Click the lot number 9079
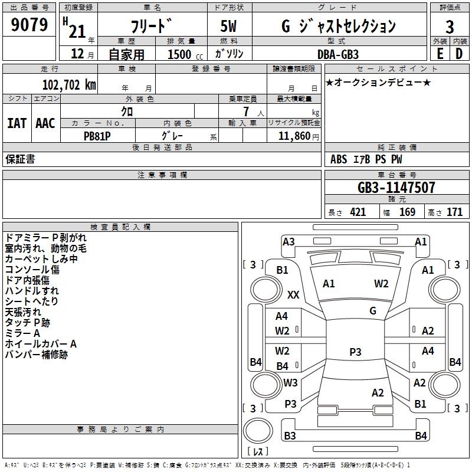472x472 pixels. (29, 24)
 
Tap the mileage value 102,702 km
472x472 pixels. (69, 85)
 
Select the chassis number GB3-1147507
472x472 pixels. (396, 188)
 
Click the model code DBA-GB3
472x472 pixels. (338, 54)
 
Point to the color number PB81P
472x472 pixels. (97, 136)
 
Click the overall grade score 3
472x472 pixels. (450, 27)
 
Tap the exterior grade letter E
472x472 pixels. (440, 54)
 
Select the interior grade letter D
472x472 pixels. (459, 54)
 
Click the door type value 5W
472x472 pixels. (228, 26)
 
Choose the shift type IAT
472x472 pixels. (17, 123)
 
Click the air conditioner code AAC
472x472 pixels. (45, 123)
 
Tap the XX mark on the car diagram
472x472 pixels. (293, 294)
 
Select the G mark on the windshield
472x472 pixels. (373, 310)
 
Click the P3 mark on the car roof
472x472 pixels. (355, 352)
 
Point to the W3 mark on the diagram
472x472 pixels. (290, 382)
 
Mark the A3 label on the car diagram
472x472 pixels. (289, 242)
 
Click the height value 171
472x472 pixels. (454, 212)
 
